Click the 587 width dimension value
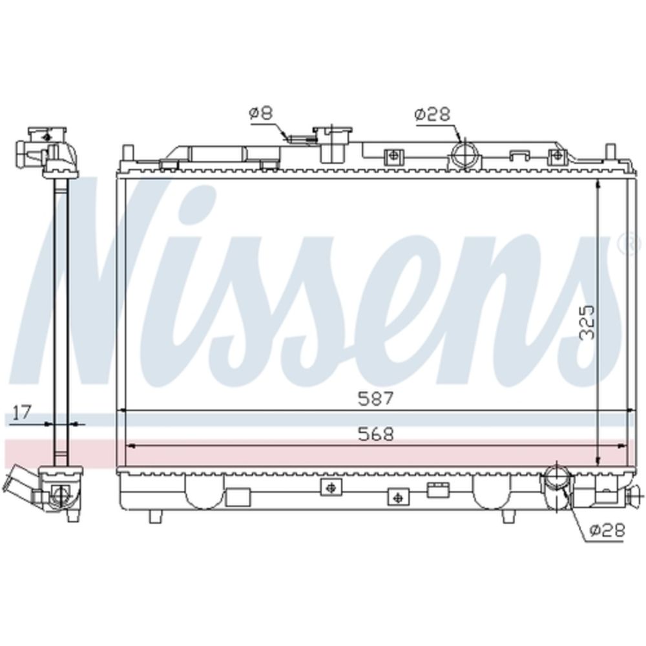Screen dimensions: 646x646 click(x=376, y=399)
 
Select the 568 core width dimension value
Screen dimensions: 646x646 click(x=376, y=434)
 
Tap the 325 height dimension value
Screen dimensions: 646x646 click(x=587, y=322)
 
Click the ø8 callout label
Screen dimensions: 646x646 click(x=261, y=113)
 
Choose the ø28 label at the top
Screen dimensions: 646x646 click(x=433, y=114)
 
